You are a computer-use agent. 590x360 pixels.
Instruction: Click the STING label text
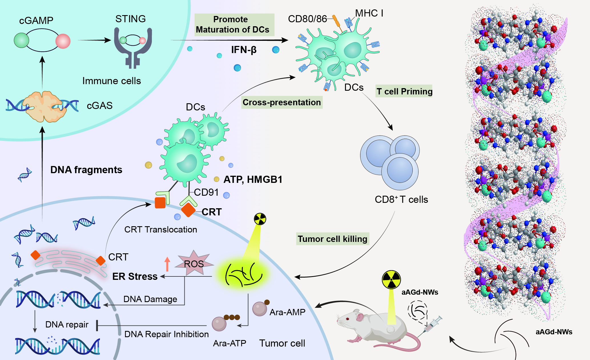(130, 19)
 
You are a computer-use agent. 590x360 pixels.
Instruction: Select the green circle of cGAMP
(21, 40)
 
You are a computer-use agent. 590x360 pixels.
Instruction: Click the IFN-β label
(244, 50)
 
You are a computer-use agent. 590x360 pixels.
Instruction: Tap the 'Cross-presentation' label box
(282, 102)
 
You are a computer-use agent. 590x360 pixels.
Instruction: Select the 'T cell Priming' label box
(404, 91)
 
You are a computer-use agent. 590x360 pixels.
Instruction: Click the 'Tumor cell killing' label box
(333, 239)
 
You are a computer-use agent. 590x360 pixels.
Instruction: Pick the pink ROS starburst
(194, 263)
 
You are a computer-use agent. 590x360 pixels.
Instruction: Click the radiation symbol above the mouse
(391, 280)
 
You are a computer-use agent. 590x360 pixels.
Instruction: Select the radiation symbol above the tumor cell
(260, 219)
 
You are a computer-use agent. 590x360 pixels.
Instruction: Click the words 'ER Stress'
(135, 276)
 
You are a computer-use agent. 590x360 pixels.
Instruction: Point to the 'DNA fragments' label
(86, 170)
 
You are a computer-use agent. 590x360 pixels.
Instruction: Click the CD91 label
(206, 192)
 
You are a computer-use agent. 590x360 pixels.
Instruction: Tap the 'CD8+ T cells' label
(401, 199)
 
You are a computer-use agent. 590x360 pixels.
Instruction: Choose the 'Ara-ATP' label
(229, 343)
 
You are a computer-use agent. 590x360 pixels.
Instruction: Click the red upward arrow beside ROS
(167, 264)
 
